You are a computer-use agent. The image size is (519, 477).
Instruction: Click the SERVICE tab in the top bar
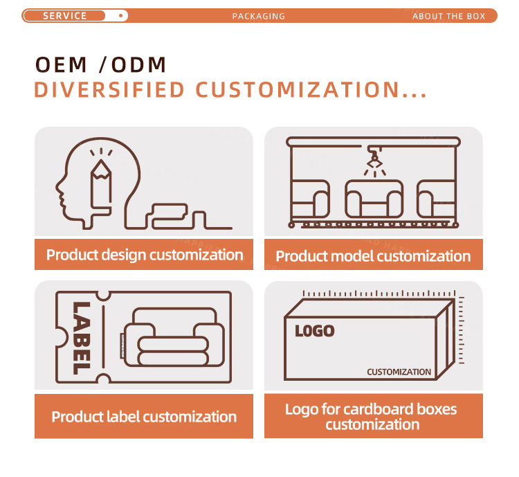[x=64, y=15]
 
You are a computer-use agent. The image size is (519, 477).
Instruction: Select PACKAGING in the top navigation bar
[x=259, y=16]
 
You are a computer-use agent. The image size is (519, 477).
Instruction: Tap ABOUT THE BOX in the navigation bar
[x=449, y=16]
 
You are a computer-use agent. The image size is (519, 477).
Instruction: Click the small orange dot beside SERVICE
[x=121, y=15]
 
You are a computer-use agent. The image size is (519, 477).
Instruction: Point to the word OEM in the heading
[x=61, y=64]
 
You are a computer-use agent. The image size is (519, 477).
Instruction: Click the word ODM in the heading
[x=138, y=64]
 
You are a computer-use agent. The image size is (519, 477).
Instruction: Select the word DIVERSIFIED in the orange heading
[x=109, y=90]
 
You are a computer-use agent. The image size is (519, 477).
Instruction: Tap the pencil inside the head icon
[x=101, y=184]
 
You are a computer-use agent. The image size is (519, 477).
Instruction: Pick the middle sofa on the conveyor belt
[x=374, y=199]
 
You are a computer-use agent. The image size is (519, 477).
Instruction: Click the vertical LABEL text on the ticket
[x=81, y=338]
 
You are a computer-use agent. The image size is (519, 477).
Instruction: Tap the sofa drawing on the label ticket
[x=174, y=337]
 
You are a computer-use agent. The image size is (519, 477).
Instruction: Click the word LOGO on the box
[x=314, y=331]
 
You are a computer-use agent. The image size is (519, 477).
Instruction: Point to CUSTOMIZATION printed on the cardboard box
[x=399, y=372]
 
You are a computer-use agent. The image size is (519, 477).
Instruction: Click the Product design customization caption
[x=145, y=255]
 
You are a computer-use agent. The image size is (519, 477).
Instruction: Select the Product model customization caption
[x=373, y=256]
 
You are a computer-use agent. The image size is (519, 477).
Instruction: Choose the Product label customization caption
[x=144, y=417]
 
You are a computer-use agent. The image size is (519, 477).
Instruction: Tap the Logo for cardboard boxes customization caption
[x=372, y=417]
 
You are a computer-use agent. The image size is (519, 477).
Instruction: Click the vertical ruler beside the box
[x=461, y=330]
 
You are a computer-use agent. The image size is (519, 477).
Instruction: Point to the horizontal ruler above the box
[x=379, y=294]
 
